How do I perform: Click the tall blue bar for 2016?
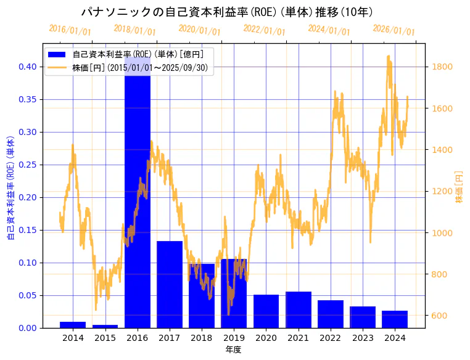(137, 203)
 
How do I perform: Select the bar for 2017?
(170, 284)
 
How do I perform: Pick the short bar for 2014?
(73, 324)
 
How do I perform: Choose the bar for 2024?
(395, 319)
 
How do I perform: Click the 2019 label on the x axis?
(234, 338)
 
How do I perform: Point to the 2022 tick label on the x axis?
(330, 338)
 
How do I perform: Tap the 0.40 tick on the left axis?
(28, 67)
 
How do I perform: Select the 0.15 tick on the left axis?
(28, 230)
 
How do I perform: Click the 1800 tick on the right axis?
(443, 67)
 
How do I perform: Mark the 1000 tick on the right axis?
(443, 233)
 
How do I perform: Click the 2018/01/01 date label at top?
(135, 30)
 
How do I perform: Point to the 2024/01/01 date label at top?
(329, 30)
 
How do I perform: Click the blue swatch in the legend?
(59, 54)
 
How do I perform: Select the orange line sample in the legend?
(59, 67)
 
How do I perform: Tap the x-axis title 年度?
(233, 350)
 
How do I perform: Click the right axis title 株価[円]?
(460, 187)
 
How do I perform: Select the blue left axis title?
(10, 187)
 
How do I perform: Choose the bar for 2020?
(266, 311)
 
